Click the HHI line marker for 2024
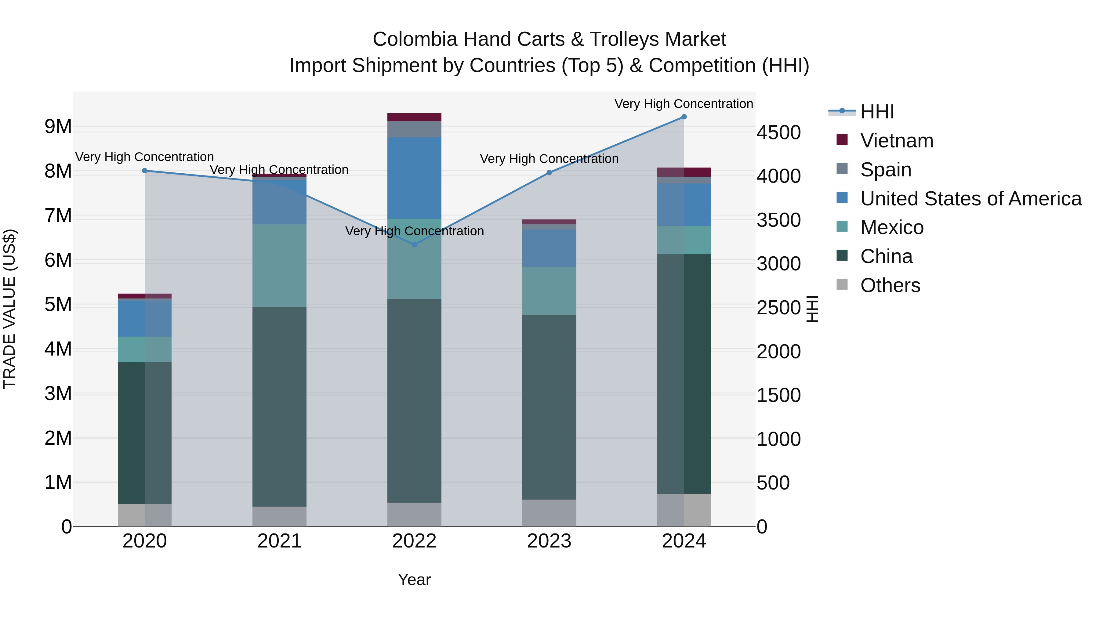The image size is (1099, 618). click(684, 117)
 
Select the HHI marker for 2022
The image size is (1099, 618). click(414, 244)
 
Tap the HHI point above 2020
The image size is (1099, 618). click(145, 171)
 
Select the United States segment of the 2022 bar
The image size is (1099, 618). click(414, 178)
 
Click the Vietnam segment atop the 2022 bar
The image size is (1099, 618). click(414, 117)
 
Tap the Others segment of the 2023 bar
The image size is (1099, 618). click(549, 513)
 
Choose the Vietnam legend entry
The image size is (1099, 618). click(896, 141)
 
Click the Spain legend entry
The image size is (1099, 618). click(885, 170)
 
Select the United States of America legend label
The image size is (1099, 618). click(970, 199)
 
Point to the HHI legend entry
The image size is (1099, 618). click(877, 112)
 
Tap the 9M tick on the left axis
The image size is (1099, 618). click(58, 127)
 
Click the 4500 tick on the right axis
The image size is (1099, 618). click(778, 133)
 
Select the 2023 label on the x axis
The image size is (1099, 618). click(549, 541)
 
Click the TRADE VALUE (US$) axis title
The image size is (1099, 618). click(9, 309)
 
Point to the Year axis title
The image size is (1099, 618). click(414, 580)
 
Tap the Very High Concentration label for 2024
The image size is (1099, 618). click(684, 104)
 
